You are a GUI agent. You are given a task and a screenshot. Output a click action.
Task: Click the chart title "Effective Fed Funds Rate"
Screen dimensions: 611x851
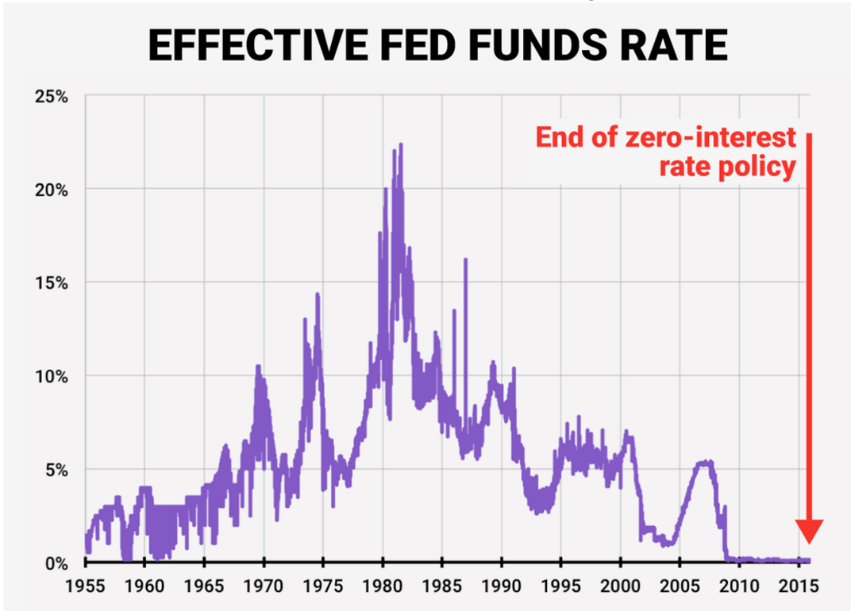pyautogui.click(x=437, y=46)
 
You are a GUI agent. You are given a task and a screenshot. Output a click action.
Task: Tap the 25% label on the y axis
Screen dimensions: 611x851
pyautogui.click(x=52, y=97)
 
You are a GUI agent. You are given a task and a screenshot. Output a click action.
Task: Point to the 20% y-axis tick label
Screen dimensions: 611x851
pyautogui.click(x=52, y=190)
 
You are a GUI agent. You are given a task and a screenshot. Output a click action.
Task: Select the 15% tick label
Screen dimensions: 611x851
pyautogui.click(x=52, y=283)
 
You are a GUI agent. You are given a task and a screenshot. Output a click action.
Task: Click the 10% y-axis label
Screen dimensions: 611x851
pyautogui.click(x=52, y=376)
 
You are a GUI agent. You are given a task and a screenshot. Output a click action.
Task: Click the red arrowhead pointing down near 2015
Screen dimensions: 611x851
pyautogui.click(x=810, y=530)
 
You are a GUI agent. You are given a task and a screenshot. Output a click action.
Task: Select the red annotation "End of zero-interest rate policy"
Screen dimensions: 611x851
pyautogui.click(x=665, y=152)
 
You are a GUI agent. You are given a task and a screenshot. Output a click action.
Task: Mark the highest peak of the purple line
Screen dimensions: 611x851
pyautogui.click(x=401, y=145)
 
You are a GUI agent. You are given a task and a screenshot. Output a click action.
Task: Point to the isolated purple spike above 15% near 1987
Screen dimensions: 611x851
pyautogui.click(x=465, y=260)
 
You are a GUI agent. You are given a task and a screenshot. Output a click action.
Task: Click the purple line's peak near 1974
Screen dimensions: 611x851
pyautogui.click(x=318, y=295)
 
